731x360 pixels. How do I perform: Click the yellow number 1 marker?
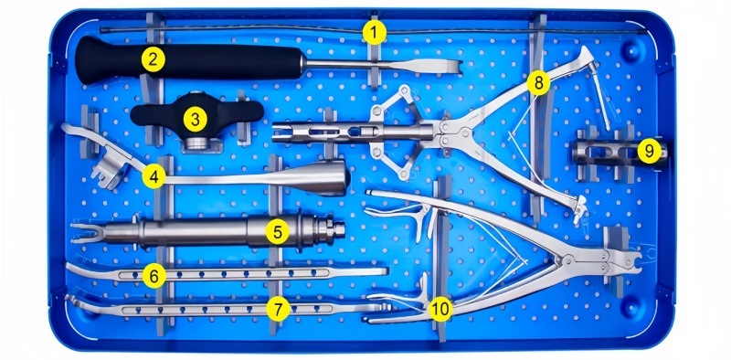pyautogui.click(x=375, y=33)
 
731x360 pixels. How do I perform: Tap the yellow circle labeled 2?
pyautogui.click(x=154, y=59)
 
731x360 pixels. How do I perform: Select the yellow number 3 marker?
pyautogui.click(x=195, y=120)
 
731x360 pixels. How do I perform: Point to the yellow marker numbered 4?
pyautogui.click(x=154, y=176)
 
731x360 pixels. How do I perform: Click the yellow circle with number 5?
pyautogui.click(x=278, y=232)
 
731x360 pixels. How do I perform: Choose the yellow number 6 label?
pyautogui.click(x=154, y=276)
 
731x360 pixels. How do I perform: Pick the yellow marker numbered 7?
pyautogui.click(x=279, y=308)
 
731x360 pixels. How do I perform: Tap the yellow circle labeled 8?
pyautogui.click(x=538, y=83)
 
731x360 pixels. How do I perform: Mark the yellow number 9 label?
pyautogui.click(x=650, y=151)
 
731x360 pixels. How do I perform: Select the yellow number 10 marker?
pyautogui.click(x=440, y=308)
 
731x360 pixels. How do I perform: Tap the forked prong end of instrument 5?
pyautogui.click(x=86, y=233)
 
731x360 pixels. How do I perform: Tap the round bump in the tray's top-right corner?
pyautogui.click(x=631, y=51)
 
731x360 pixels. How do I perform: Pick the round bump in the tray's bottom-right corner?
pyautogui.click(x=631, y=308)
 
